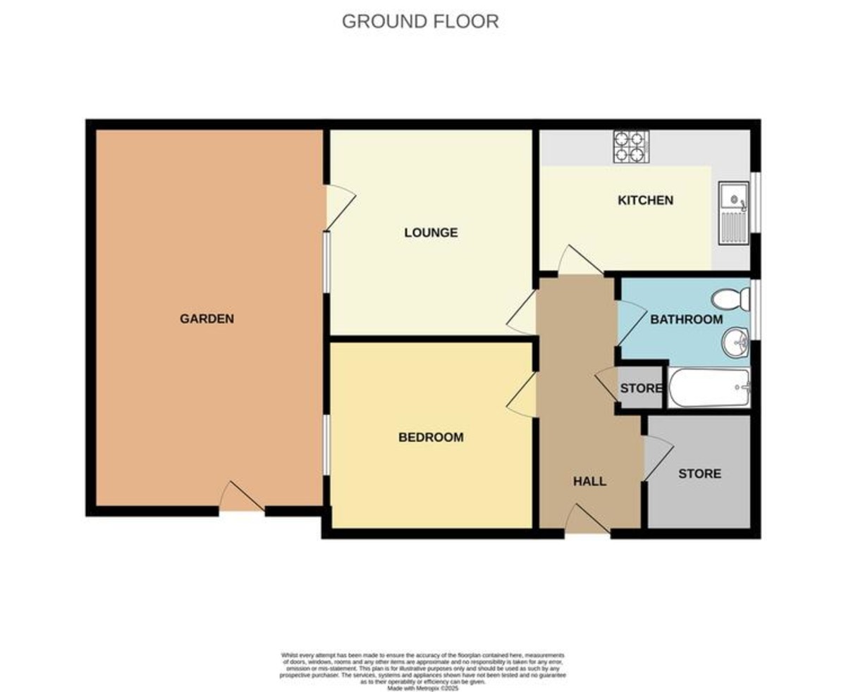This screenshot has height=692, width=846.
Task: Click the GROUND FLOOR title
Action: pos(420,22)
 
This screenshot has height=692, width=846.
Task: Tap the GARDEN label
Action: pos(207,319)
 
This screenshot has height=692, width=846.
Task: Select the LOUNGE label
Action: pos(431,233)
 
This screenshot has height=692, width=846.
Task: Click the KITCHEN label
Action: pos(645,200)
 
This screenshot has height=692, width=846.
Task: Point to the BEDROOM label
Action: pos(431,437)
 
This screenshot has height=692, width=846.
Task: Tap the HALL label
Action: pos(589,481)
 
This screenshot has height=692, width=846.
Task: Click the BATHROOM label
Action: pos(686,319)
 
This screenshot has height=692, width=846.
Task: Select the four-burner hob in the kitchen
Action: pos(630,146)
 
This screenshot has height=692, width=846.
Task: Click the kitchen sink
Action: pos(733,213)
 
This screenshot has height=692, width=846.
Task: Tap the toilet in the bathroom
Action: pos(731,299)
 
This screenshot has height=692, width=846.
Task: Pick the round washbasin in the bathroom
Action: pos(735,344)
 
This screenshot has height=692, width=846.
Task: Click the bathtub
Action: pos(709,388)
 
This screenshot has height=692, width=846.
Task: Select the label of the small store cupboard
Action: pos(640,388)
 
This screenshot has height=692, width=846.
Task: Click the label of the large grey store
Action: pos(699,474)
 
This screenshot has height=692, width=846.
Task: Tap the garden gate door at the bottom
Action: pos(241,498)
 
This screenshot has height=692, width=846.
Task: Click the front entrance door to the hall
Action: pos(587,521)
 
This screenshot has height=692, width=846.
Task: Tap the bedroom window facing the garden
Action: pos(326,445)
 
